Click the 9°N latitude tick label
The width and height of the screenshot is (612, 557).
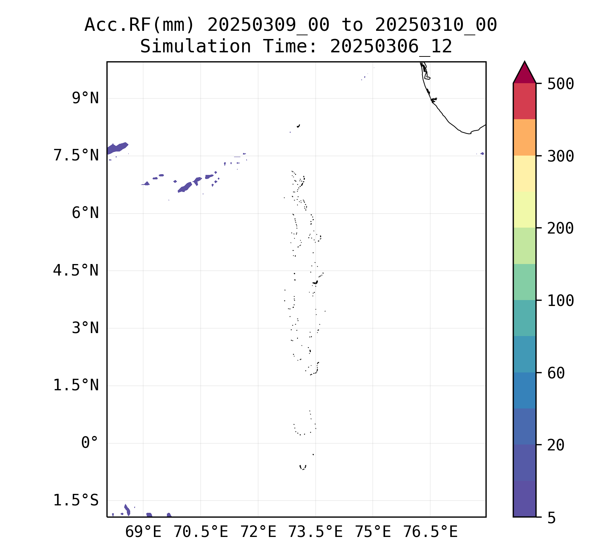point(85,99)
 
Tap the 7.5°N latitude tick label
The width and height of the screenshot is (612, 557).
point(76,156)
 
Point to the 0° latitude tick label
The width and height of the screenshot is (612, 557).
point(90,443)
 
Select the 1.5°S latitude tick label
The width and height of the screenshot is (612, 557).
point(76,501)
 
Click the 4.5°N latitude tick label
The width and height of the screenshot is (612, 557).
point(76,271)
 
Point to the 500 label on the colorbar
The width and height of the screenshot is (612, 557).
point(560,84)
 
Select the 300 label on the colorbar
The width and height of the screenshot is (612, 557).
point(560,156)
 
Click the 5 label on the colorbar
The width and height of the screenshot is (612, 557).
point(552,518)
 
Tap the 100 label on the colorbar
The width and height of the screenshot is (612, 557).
point(560,301)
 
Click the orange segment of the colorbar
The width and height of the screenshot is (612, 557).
point(524,137)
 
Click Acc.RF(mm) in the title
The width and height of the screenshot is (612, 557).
point(139,25)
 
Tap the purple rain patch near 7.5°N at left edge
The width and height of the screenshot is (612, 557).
point(117,148)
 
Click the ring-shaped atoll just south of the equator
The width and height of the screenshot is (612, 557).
point(303,467)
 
